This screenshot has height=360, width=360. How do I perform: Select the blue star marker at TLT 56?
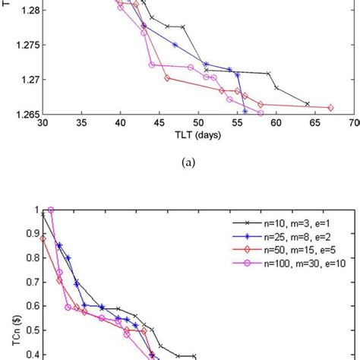click(x=245, y=111)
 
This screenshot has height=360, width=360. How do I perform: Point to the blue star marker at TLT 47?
click(x=175, y=45)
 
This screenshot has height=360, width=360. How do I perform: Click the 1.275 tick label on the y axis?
click(x=23, y=45)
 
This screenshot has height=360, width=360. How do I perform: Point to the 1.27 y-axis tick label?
click(x=25, y=79)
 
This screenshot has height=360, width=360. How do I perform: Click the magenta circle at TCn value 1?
click(x=51, y=210)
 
